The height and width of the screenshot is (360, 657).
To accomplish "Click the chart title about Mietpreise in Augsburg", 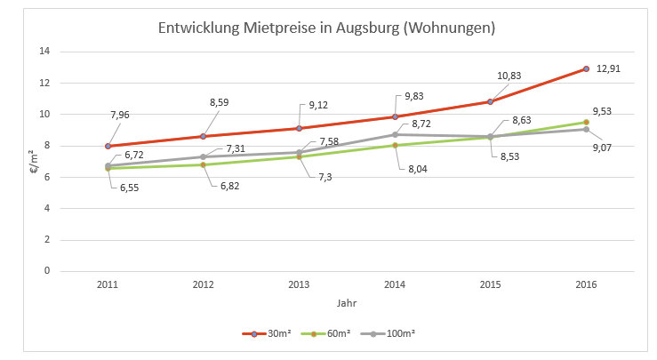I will click(326, 28).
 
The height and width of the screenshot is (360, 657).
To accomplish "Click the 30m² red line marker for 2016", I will click(586, 68).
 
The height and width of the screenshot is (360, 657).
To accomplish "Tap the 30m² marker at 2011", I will click(108, 146).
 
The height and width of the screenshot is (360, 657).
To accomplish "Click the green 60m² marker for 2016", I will click(586, 122).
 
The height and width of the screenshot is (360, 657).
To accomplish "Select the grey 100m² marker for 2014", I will click(395, 134).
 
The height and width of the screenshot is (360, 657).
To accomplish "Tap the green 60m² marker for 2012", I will click(204, 164).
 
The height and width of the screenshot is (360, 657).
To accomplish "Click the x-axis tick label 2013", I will click(299, 284).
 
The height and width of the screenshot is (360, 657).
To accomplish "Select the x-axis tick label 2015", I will click(490, 284).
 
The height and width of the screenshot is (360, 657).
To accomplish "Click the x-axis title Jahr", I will click(347, 303).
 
